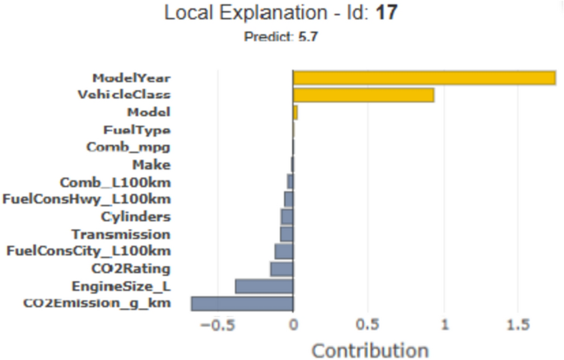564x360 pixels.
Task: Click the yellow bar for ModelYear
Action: (424, 77)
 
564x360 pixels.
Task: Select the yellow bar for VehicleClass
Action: (363, 95)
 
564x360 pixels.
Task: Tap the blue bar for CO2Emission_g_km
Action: (242, 303)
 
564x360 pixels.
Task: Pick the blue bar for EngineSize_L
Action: (263, 286)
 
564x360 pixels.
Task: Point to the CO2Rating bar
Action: (282, 269)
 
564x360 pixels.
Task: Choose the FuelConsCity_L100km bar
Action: (283, 251)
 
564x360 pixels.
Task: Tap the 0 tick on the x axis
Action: (293, 325)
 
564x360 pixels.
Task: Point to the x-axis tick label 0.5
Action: (368, 325)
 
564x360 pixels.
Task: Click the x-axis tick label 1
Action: (444, 325)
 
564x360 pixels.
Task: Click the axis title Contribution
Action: (370, 349)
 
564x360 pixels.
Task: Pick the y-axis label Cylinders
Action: (136, 217)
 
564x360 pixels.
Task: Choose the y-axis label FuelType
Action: (137, 129)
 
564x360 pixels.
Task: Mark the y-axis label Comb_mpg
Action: (128, 147)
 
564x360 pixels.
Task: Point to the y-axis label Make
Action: (151, 165)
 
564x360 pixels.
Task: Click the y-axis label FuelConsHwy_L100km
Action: (87, 199)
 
